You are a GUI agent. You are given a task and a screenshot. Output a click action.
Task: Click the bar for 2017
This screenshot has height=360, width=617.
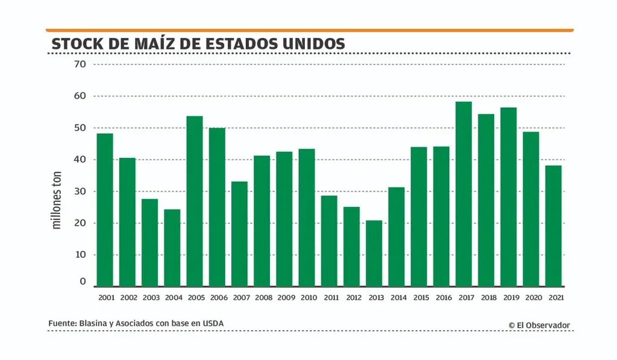click(x=464, y=194)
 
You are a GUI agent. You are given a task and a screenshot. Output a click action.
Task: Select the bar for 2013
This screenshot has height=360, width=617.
click(x=374, y=253)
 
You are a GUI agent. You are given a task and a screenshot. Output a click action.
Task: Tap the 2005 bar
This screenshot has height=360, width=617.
click(x=195, y=201)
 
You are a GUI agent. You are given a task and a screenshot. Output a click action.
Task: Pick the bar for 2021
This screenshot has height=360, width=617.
click(x=554, y=226)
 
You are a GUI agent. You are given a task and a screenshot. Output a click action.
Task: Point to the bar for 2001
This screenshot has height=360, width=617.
click(x=105, y=210)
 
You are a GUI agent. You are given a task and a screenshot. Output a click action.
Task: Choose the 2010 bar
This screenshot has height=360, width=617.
click(x=307, y=217)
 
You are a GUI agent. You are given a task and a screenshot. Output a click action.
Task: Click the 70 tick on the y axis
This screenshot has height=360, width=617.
click(x=80, y=64)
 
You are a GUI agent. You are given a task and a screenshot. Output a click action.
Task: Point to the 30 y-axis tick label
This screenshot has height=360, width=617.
click(x=80, y=191)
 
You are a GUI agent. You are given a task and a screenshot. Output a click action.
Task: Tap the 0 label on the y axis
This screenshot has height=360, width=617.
click(x=83, y=282)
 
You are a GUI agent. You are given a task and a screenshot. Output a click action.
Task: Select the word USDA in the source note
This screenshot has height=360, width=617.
click(x=213, y=324)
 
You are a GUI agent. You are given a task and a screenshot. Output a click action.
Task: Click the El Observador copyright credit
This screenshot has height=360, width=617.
click(x=539, y=325)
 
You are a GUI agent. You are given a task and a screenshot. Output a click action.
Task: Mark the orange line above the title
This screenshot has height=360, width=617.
click(x=310, y=30)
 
